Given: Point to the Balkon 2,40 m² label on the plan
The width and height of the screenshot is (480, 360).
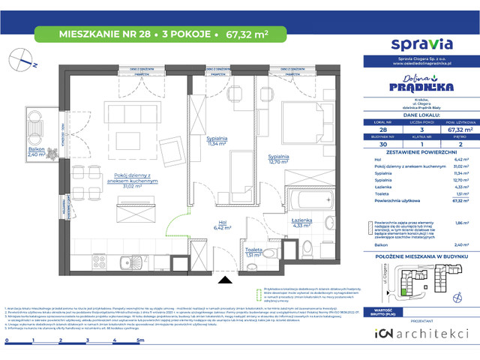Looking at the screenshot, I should point(37,152).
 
